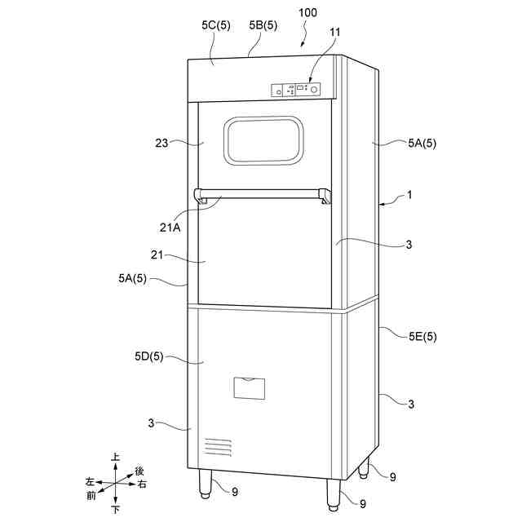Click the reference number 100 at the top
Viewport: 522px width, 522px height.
coord(308,13)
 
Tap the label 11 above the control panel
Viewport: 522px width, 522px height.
coord(313,33)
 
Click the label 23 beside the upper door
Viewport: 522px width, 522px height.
coord(161,143)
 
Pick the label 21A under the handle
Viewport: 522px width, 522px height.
coord(171,228)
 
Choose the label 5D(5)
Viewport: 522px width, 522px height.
coord(149,356)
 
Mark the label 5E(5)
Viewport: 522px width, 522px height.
coord(422,336)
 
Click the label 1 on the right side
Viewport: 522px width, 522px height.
coord(409,196)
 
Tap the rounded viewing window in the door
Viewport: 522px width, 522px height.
coord(264,139)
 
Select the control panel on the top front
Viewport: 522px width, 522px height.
coord(294,90)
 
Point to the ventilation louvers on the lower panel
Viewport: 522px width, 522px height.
coord(218,446)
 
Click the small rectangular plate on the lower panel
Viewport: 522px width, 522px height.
coord(250,387)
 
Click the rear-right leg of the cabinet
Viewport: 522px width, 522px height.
coord(364,467)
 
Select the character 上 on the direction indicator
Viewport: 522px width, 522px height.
coord(116,458)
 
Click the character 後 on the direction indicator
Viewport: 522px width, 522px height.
coord(139,471)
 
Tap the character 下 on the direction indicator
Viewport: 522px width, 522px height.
coord(116,510)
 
